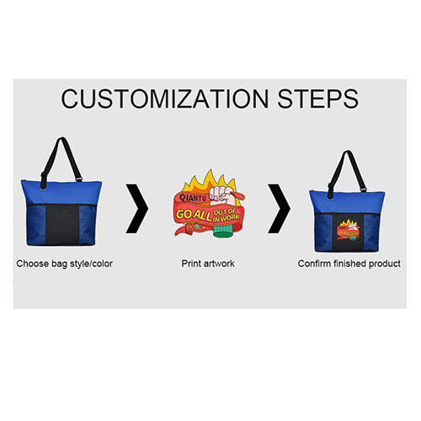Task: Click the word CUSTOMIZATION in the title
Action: pos(165,99)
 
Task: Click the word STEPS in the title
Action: pos(318,99)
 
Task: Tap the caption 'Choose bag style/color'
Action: pos(64,264)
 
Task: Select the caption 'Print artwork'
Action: pos(208,264)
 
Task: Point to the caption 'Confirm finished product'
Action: pos(349,264)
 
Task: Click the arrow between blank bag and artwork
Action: pos(137,209)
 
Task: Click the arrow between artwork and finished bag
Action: pos(280,209)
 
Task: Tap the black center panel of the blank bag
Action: pos(62,225)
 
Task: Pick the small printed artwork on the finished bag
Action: pos(348,229)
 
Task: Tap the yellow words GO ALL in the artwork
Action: pos(194,215)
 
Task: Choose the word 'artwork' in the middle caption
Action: pos(219,264)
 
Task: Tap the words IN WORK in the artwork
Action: pos(226,218)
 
